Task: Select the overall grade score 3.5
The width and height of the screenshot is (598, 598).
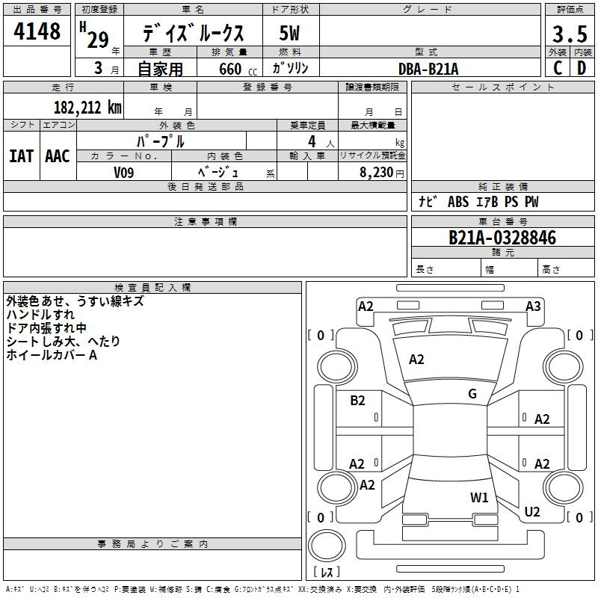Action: (x=569, y=34)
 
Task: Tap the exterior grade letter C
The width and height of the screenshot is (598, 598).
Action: (x=557, y=68)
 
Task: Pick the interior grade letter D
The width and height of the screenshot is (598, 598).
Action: (x=581, y=68)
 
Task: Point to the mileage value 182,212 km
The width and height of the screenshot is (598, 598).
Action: (x=87, y=107)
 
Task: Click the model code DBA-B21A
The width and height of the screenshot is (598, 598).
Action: (x=428, y=68)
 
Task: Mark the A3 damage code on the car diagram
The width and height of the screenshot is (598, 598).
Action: (x=533, y=306)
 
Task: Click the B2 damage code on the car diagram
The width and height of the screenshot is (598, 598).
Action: (x=358, y=401)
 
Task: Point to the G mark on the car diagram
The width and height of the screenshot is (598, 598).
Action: (x=472, y=394)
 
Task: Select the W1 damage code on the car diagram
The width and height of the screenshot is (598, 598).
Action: (x=479, y=497)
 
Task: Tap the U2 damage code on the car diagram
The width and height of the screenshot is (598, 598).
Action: (x=532, y=512)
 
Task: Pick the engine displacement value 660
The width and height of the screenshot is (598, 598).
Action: (x=230, y=69)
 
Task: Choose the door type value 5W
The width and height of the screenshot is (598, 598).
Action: (x=289, y=34)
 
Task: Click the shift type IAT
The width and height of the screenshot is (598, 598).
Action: (x=21, y=156)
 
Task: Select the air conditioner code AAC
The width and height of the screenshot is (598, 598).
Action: (x=58, y=156)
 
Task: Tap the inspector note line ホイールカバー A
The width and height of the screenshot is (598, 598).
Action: (x=52, y=355)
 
